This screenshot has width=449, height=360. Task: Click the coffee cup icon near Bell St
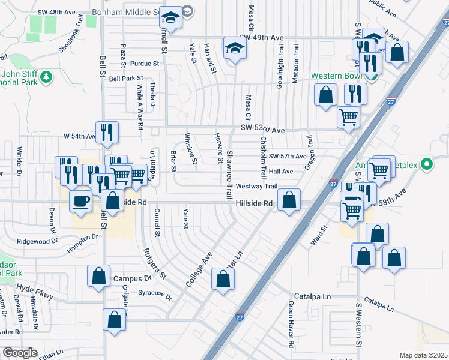(81, 202)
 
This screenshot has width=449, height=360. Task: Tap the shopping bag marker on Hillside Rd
(289, 202)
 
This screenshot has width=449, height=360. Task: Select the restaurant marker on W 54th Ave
(107, 133)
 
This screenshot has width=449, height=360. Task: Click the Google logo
(20, 353)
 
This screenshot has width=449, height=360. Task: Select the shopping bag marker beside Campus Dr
(98, 277)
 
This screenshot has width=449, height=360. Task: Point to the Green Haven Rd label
(290, 325)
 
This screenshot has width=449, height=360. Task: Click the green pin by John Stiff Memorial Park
(46, 77)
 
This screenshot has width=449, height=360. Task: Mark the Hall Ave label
(280, 172)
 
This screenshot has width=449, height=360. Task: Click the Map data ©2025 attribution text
(423, 355)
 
